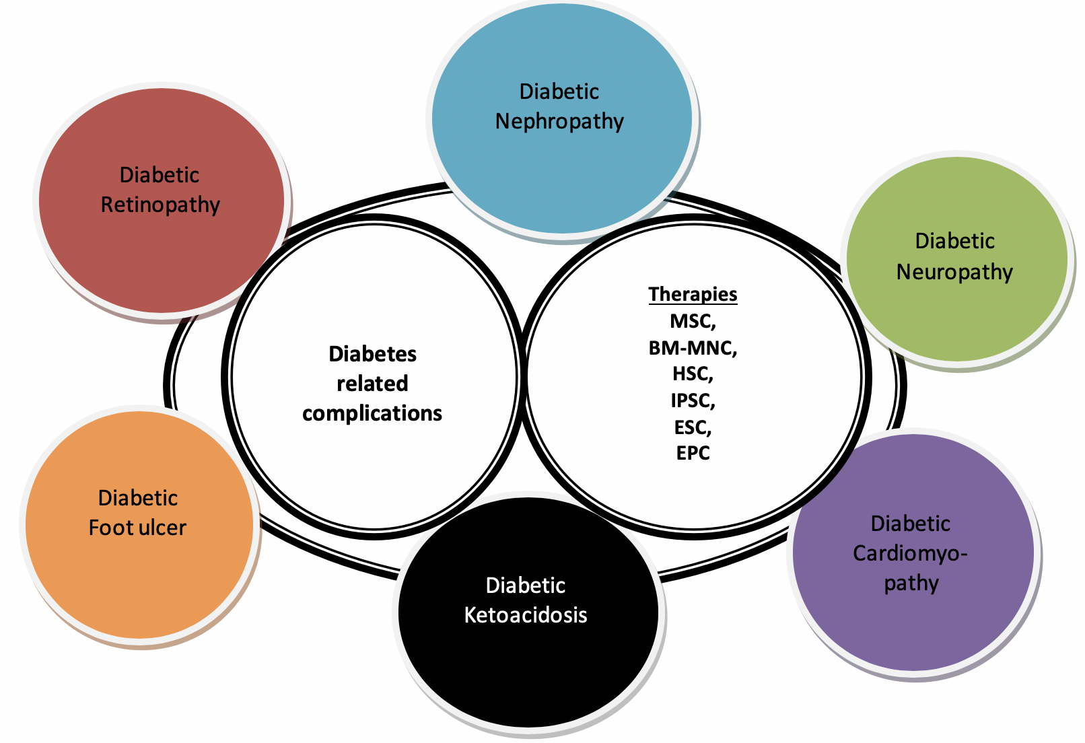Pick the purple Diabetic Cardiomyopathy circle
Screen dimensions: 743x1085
pyautogui.click(x=912, y=626)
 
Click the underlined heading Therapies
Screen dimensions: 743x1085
pyautogui.click(x=693, y=294)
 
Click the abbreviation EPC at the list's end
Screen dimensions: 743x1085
pyautogui.click(x=693, y=453)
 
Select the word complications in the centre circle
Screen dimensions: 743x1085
pyautogui.click(x=372, y=413)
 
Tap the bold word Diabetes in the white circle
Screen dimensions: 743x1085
pyautogui.click(x=372, y=354)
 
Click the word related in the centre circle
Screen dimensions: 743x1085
pyautogui.click(x=372, y=384)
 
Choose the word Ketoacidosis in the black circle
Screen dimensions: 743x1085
pyautogui.click(x=526, y=615)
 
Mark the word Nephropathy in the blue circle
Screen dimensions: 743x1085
pyautogui.click(x=559, y=122)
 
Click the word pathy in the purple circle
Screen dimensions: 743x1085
pyautogui.click(x=911, y=583)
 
